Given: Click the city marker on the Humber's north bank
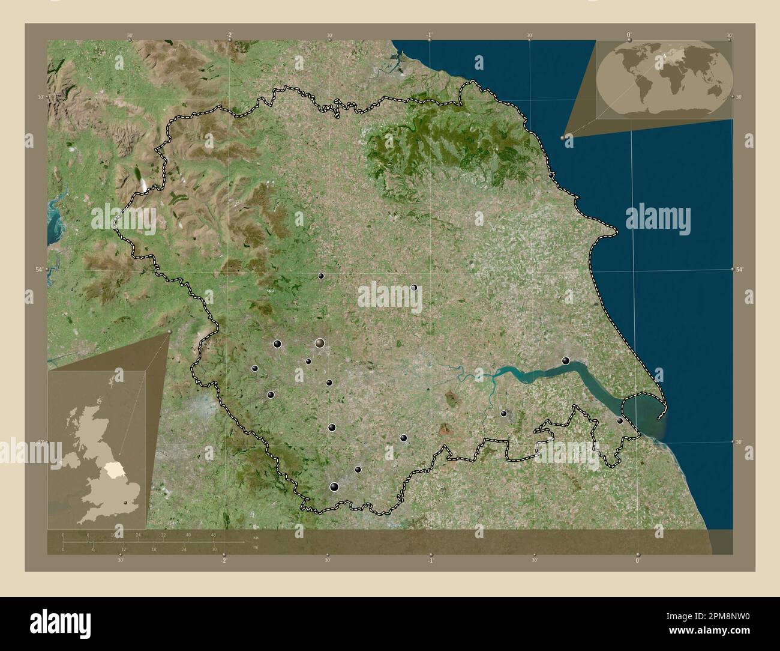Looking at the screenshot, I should (565, 360).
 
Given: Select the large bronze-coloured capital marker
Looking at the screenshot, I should (320, 343).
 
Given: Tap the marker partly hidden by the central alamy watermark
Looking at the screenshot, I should (414, 288).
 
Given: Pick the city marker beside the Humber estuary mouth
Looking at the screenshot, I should (620, 421).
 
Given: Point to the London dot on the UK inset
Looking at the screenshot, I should (126, 502).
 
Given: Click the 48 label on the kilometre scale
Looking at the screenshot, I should (213, 534).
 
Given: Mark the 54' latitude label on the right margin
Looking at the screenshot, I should (739, 270).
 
